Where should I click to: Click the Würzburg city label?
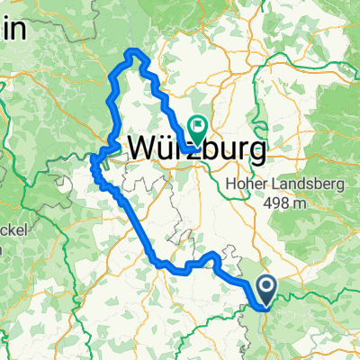(199, 149)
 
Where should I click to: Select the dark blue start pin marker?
(267, 291)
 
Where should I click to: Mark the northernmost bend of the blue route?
(135, 52)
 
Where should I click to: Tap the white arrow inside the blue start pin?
(267, 288)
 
